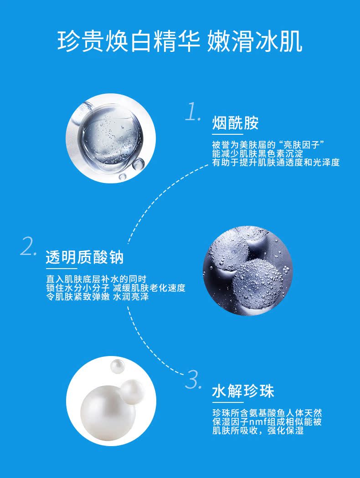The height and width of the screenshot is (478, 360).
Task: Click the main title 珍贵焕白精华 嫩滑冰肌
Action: coord(180,41)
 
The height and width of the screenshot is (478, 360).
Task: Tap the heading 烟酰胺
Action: coord(236,123)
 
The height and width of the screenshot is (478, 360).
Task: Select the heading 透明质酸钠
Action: coord(85,257)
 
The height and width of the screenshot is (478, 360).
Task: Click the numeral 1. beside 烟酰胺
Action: coord(193,112)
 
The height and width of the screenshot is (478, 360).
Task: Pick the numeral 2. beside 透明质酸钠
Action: coord(28,247)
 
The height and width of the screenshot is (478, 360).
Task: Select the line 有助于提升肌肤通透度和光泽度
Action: coord(276,163)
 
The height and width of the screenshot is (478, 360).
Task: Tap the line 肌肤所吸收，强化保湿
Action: coord(258,431)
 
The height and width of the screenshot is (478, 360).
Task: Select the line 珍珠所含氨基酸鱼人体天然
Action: coord(267,413)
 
